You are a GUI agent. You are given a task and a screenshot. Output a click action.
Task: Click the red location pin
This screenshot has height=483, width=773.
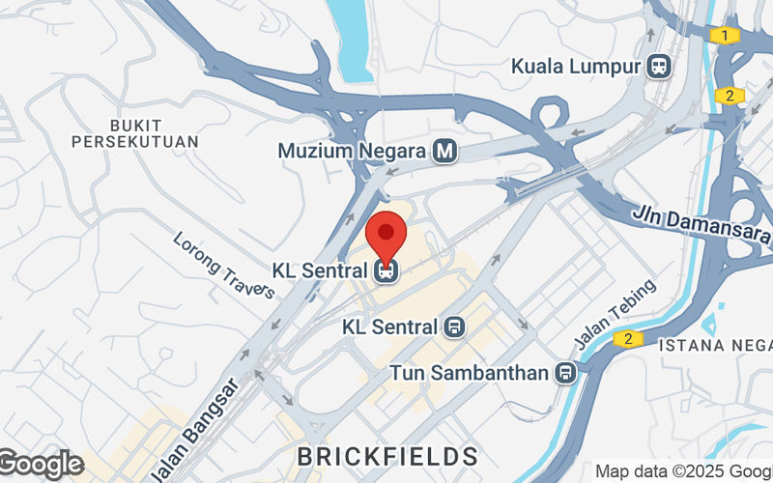386,235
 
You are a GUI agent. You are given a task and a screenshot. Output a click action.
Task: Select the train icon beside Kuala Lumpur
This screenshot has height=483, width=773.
661,67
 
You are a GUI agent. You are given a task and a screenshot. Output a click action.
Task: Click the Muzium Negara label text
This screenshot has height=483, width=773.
353,152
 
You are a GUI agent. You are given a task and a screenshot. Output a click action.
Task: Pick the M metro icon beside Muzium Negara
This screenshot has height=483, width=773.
444,152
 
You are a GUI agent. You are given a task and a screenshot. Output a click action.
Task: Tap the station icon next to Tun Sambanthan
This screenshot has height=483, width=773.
566,372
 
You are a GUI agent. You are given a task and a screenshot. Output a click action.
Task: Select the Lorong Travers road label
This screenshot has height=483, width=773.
223,266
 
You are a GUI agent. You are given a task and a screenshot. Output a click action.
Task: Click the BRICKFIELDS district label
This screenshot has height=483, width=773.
387,455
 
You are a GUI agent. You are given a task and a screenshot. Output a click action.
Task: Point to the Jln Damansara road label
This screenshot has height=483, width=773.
701,225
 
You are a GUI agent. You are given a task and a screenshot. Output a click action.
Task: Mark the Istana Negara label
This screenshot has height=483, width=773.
716,344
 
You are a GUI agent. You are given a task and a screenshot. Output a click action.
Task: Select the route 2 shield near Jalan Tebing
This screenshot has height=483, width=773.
628,339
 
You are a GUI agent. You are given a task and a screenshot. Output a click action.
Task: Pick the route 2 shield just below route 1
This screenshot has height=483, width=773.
730,95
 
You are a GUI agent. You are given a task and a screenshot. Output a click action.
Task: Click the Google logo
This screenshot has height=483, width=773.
41,465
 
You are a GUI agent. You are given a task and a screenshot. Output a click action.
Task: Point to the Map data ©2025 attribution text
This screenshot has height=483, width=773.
682,471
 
